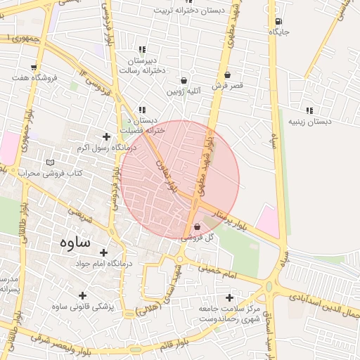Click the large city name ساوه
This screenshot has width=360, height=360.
[x=70, y=243]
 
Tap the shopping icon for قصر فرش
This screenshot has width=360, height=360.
[x=227, y=75]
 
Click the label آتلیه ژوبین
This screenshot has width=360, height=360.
[x=184, y=91]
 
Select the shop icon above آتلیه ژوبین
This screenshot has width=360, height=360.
[x=184, y=80]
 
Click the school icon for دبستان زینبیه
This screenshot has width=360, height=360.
[x=309, y=110]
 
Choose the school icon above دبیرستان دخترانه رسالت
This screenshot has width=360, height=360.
[x=143, y=49]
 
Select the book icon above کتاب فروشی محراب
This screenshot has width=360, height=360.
[x=49, y=162]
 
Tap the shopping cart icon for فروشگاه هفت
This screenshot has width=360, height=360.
[x=34, y=67]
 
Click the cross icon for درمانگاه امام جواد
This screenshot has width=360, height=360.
[x=104, y=252]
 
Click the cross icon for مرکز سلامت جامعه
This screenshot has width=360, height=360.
[x=229, y=298]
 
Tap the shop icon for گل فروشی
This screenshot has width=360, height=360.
[x=196, y=227]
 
